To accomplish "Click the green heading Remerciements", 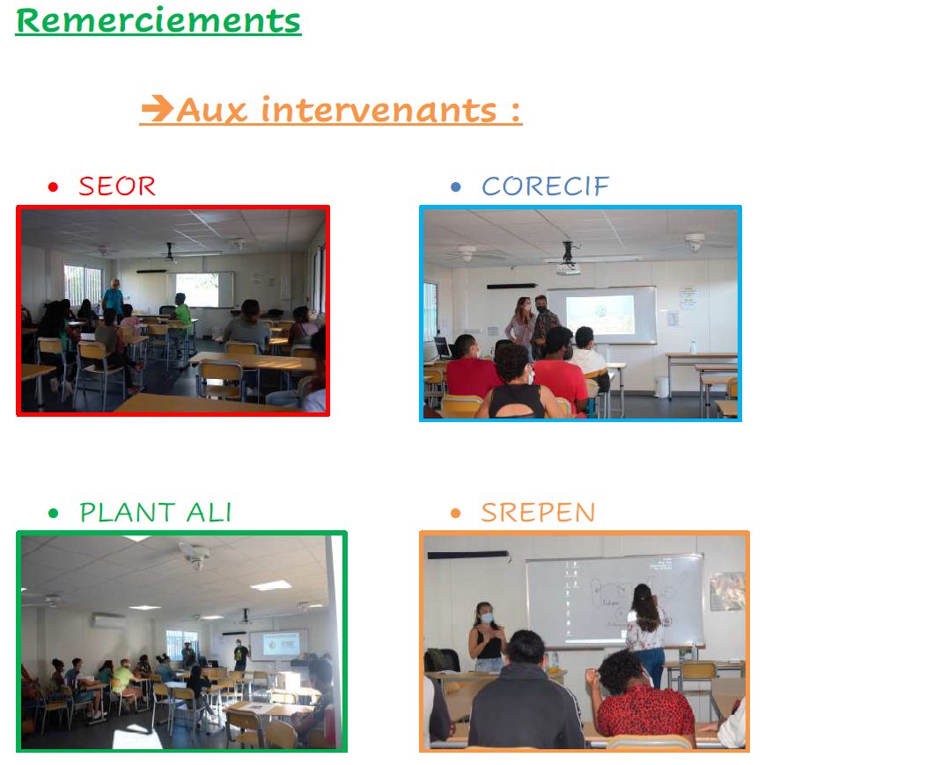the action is pyautogui.click(x=158, y=21).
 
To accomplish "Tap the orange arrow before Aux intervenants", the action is pyautogui.click(x=158, y=108).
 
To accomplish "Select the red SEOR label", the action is pyautogui.click(x=117, y=186).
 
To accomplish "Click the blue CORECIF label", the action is pyautogui.click(x=545, y=186).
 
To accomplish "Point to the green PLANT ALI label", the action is pyautogui.click(x=156, y=513).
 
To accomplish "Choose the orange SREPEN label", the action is pyautogui.click(x=538, y=513).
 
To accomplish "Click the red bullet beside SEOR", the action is pyautogui.click(x=53, y=187).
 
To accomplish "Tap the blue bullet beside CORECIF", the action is pyautogui.click(x=455, y=187).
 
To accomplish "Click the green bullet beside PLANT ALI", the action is pyautogui.click(x=53, y=514).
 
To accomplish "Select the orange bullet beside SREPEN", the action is pyautogui.click(x=455, y=514).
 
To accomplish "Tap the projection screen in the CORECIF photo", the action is pyautogui.click(x=600, y=315).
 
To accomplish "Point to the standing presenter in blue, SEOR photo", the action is pyautogui.click(x=113, y=298).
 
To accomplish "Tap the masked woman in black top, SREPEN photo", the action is pyautogui.click(x=489, y=637).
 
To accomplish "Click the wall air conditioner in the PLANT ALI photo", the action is pyautogui.click(x=109, y=621).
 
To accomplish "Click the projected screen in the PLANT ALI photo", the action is pyautogui.click(x=281, y=645).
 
